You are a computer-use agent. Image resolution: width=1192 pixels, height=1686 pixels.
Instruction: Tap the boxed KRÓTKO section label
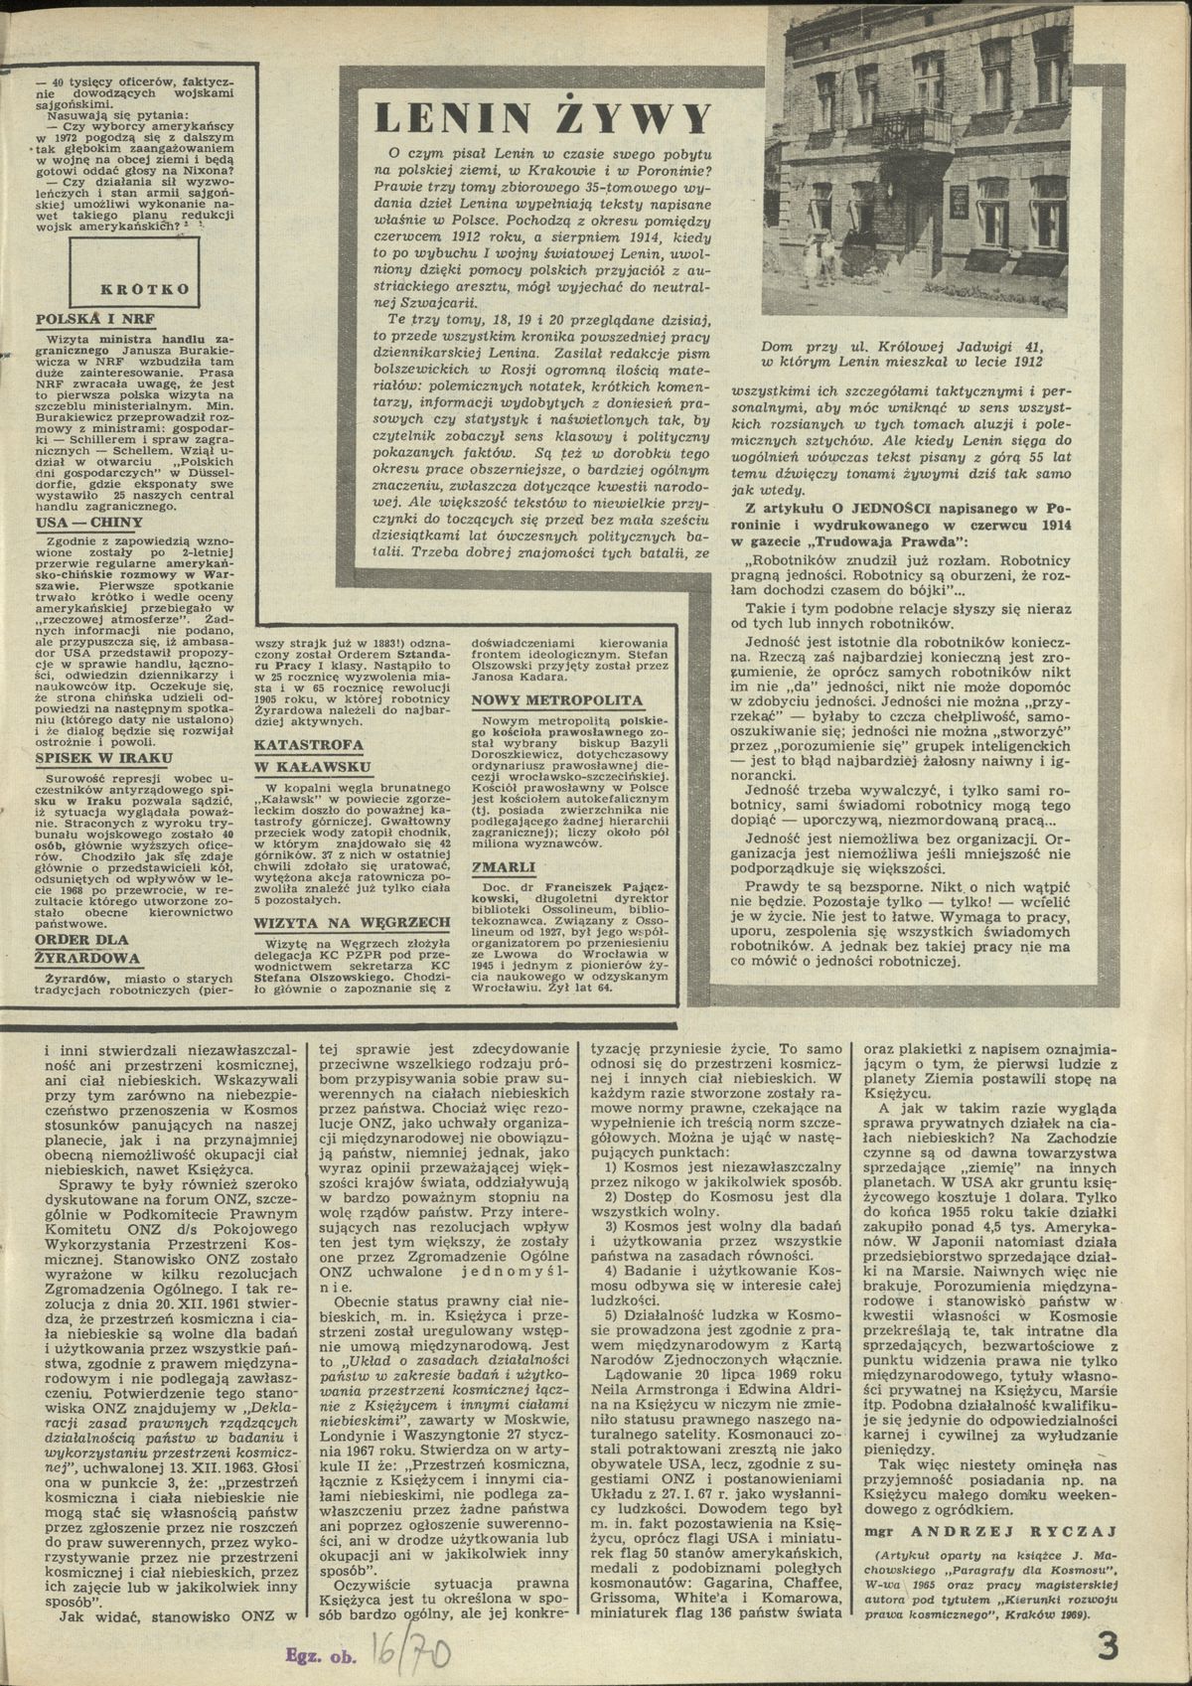point(145,289)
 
